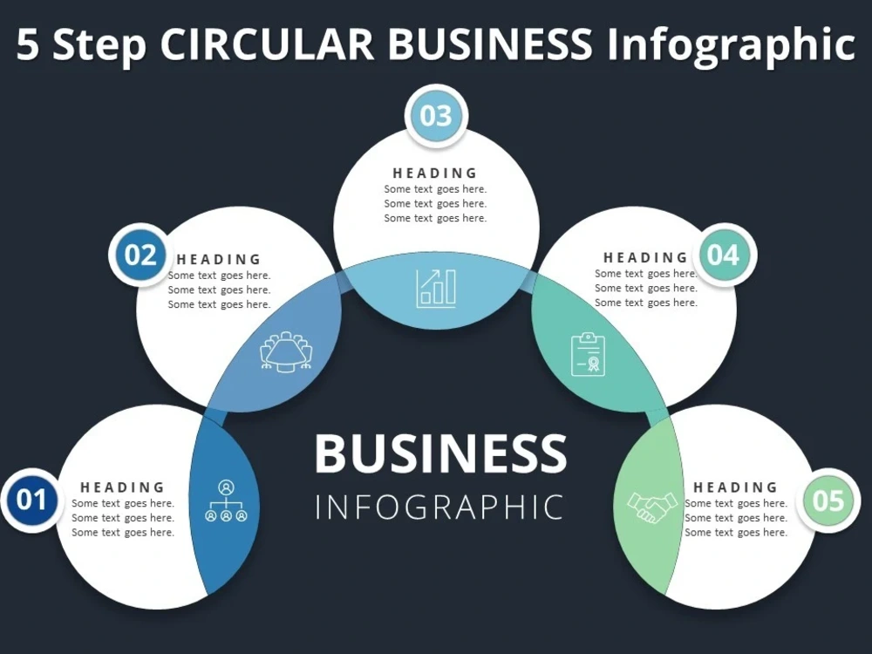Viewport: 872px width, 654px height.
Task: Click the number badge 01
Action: [31, 500]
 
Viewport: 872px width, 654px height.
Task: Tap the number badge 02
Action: [140, 255]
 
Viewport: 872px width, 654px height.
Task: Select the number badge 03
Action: [436, 116]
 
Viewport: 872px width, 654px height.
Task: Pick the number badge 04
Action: [724, 255]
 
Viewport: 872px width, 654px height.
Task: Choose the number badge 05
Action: [828, 500]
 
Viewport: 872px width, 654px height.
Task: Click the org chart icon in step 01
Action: [226, 501]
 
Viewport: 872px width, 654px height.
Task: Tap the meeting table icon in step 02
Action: [286, 352]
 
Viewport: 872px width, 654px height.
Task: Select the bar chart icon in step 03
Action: [436, 288]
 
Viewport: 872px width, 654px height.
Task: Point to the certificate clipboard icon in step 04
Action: [588, 354]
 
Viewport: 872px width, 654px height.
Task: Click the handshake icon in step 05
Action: [651, 507]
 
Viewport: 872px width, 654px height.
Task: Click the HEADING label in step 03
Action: [435, 173]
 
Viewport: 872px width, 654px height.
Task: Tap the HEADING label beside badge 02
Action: [219, 259]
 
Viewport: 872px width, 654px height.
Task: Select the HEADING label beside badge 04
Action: [645, 257]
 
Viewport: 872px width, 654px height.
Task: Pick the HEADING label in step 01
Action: [122, 487]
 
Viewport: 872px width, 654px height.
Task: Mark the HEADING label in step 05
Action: [735, 487]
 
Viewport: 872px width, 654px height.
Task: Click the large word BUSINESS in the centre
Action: [440, 453]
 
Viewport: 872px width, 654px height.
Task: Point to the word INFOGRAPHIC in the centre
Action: [439, 507]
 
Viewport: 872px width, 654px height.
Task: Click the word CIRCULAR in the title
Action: [267, 44]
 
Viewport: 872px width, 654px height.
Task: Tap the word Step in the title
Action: [99, 45]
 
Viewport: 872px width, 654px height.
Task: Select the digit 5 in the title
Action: [28, 44]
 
